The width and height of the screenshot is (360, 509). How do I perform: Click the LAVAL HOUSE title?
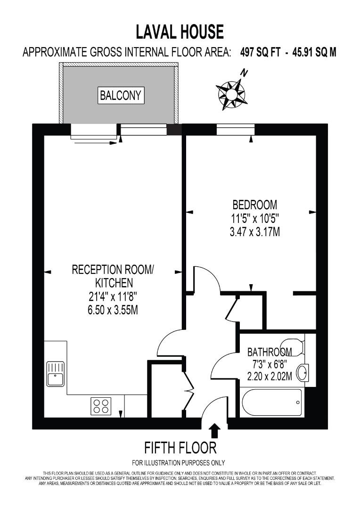180,32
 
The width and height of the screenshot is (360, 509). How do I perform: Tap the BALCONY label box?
121,96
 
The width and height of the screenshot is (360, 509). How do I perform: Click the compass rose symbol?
231,94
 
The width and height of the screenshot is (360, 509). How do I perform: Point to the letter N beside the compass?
244,73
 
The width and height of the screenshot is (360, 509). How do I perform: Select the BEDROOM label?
254,205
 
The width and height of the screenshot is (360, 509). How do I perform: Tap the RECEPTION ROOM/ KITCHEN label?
113,276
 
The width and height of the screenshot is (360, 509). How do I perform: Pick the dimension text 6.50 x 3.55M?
113,311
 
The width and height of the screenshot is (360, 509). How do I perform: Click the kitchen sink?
56,373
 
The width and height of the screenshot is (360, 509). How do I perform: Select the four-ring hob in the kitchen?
101,406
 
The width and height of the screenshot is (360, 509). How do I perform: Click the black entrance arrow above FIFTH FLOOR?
214,430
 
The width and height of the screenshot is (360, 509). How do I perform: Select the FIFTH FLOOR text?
180,447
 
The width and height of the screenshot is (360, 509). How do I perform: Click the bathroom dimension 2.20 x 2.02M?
270,377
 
